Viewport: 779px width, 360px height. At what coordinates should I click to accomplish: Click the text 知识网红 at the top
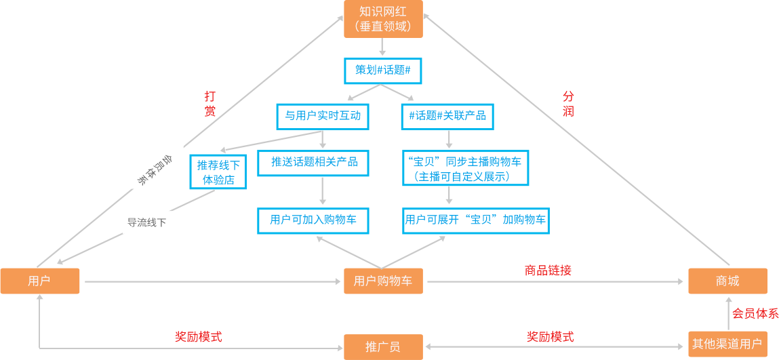coord(383,12)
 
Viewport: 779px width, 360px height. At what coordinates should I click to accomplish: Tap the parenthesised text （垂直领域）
coord(383,26)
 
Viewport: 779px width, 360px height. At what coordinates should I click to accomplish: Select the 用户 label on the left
coord(39,281)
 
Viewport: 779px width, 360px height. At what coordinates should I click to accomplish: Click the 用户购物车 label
coord(383,281)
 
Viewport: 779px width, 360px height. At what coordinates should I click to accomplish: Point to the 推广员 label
coord(383,346)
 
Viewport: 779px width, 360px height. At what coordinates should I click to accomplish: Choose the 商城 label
coord(727,281)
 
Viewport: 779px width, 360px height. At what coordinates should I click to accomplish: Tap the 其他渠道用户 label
coord(727,344)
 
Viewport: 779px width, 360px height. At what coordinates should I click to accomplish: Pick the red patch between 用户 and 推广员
coord(198,324)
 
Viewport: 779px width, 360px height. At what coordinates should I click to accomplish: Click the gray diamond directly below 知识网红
coord(383,48)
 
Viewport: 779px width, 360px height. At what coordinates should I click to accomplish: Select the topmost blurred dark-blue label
coord(382,70)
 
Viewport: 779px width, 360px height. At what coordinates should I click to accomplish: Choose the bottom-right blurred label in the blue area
coord(475,220)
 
